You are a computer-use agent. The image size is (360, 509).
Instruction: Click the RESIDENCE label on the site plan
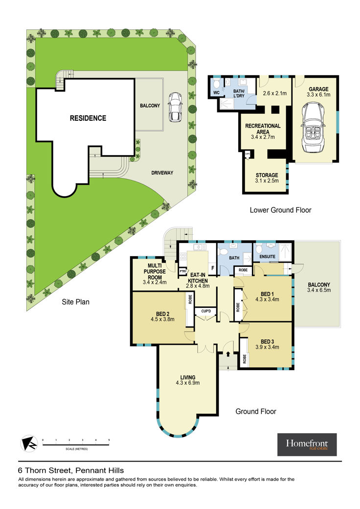pos(88,118)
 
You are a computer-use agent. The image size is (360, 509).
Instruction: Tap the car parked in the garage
pos(313,127)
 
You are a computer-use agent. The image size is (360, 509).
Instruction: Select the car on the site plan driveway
pos(175,107)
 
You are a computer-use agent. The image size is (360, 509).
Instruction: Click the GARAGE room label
pos(318,89)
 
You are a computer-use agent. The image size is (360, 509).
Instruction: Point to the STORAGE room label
pos(267,175)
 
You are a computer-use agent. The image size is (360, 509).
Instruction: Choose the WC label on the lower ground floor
pos(217,93)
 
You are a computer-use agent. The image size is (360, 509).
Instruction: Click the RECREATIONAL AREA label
pos(263,129)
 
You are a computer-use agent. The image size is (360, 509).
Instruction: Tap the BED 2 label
pos(162,314)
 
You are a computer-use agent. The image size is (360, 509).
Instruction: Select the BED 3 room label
pos(267,341)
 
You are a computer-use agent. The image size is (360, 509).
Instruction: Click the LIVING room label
pos(188,377)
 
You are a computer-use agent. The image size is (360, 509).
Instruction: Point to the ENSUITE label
pos(268,256)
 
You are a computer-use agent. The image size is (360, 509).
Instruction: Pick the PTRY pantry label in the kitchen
pos(183,271)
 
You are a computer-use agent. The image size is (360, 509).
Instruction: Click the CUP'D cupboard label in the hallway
pos(206,311)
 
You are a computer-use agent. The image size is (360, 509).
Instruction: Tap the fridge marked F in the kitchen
pos(213,268)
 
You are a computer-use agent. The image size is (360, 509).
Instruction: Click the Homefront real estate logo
pos(307,444)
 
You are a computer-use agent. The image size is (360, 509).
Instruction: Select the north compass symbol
pos(29,443)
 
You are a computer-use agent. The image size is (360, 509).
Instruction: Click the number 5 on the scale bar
pos(109,440)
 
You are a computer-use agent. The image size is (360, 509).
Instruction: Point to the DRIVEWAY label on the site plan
pos(162,173)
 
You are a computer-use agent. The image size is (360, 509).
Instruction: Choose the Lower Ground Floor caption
pos(280,210)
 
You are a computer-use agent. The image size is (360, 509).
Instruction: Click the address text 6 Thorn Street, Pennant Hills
pos(71,470)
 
